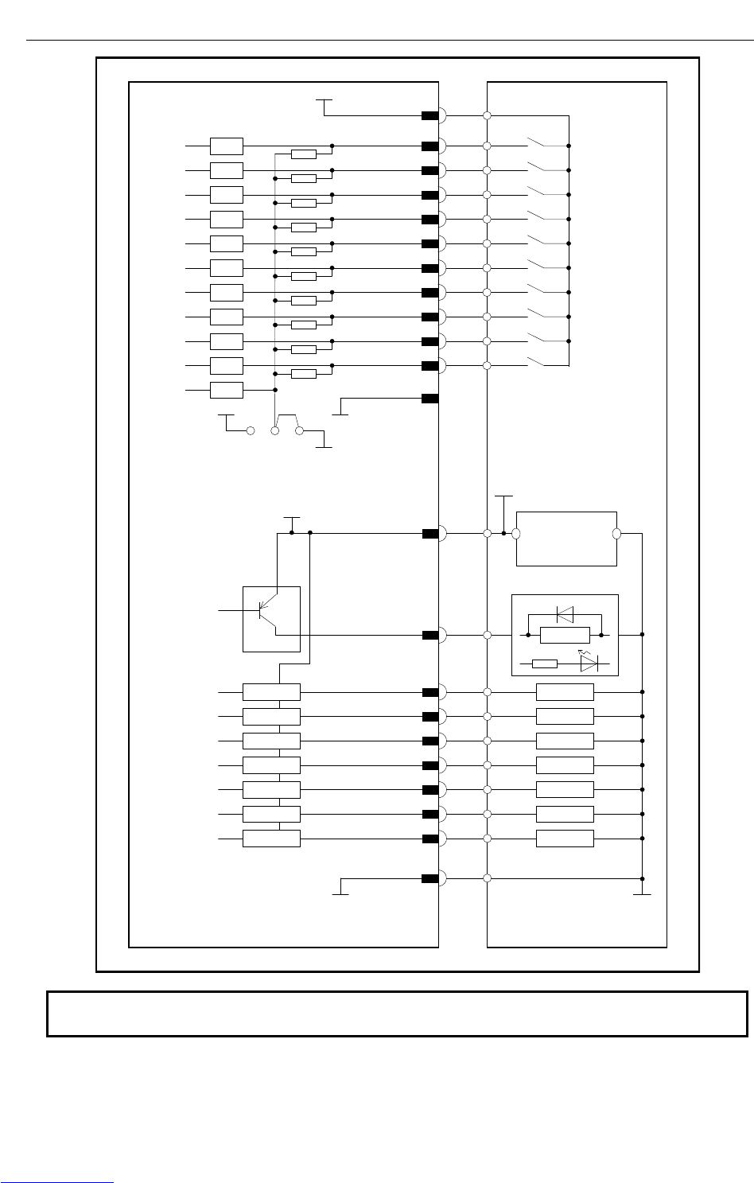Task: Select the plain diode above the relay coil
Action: coord(565,613)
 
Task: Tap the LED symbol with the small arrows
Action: coord(589,663)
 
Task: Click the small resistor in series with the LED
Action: coord(545,663)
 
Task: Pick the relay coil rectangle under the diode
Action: coord(565,635)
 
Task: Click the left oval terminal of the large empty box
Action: coord(515,534)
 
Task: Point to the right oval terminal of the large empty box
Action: coord(616,534)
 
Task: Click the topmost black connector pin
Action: coord(430,116)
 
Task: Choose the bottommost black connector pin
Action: coord(430,878)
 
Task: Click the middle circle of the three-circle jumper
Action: coord(275,431)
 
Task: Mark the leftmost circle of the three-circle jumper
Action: coord(251,431)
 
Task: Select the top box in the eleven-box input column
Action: coord(227,146)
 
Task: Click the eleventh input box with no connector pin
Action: coord(227,390)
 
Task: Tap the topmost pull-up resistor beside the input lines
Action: coord(304,154)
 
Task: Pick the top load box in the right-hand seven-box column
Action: coord(565,692)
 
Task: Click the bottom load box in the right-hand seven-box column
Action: coord(565,839)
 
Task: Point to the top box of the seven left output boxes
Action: coord(271,692)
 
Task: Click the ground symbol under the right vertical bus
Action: coord(642,893)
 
